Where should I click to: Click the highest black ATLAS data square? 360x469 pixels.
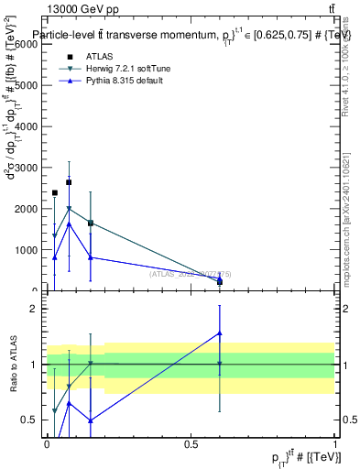(x=69, y=182)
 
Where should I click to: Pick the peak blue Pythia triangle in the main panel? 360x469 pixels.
(x=69, y=224)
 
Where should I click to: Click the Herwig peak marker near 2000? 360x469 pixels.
(x=69, y=208)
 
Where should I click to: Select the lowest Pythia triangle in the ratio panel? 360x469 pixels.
(x=91, y=420)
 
